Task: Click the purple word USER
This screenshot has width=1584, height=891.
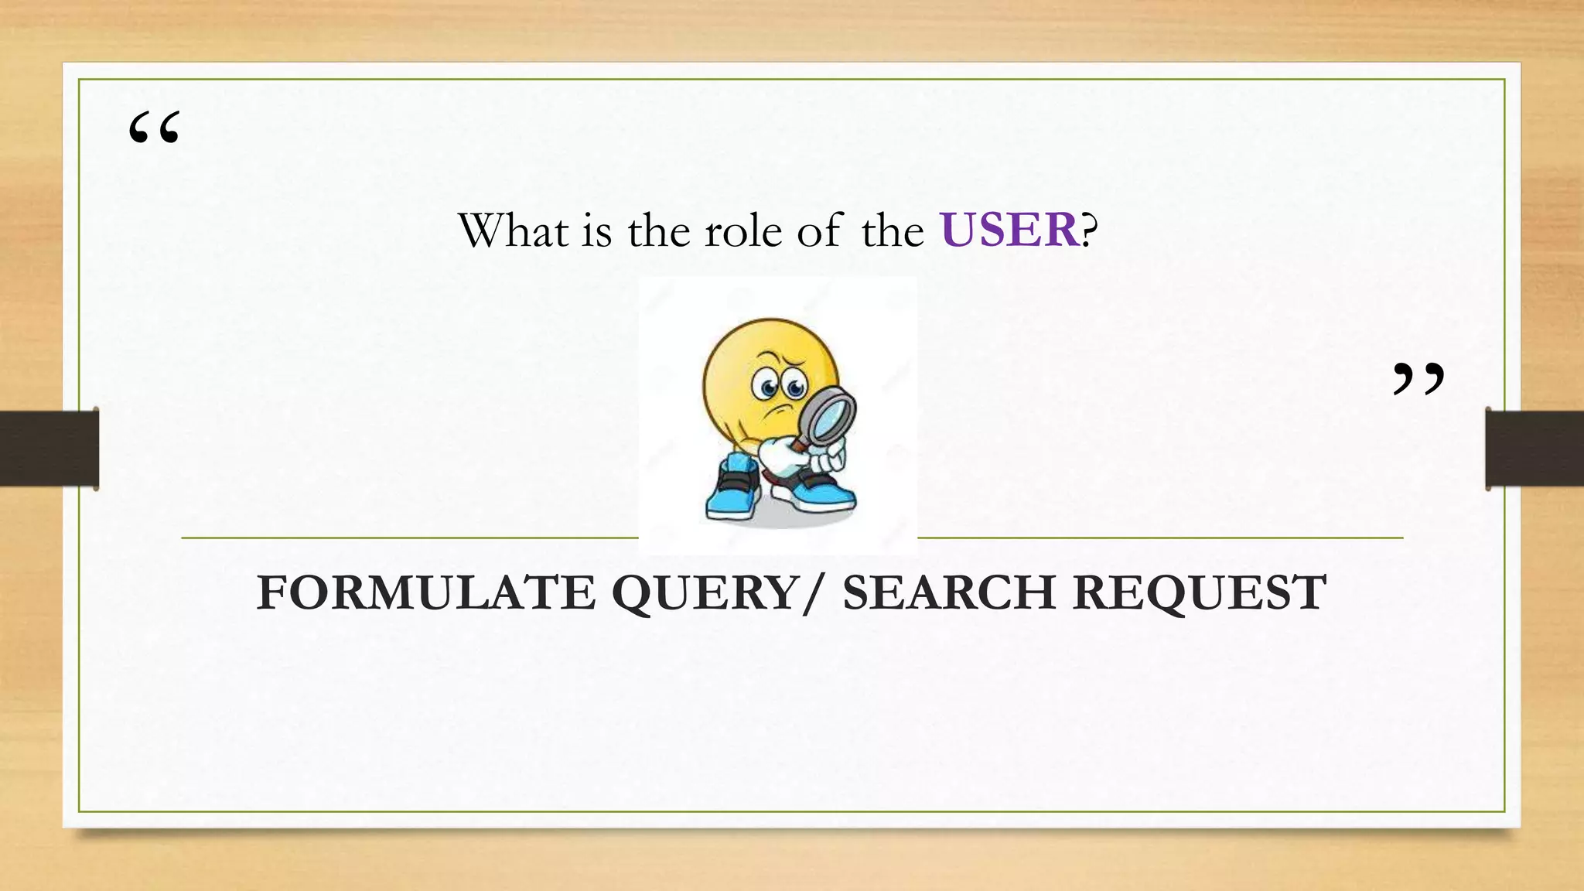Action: pyautogui.click(x=1009, y=230)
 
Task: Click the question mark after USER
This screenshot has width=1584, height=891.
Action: pyautogui.click(x=1089, y=230)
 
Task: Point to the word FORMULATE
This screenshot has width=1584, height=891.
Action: pyautogui.click(x=426, y=592)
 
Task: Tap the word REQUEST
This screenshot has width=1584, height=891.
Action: pyautogui.click(x=1200, y=592)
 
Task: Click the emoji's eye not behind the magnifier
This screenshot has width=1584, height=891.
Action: pyautogui.click(x=767, y=386)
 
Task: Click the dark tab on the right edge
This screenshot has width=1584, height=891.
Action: pyautogui.click(x=1534, y=449)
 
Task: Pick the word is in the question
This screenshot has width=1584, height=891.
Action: pyautogui.click(x=596, y=231)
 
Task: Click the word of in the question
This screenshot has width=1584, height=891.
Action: pyautogui.click(x=819, y=231)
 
